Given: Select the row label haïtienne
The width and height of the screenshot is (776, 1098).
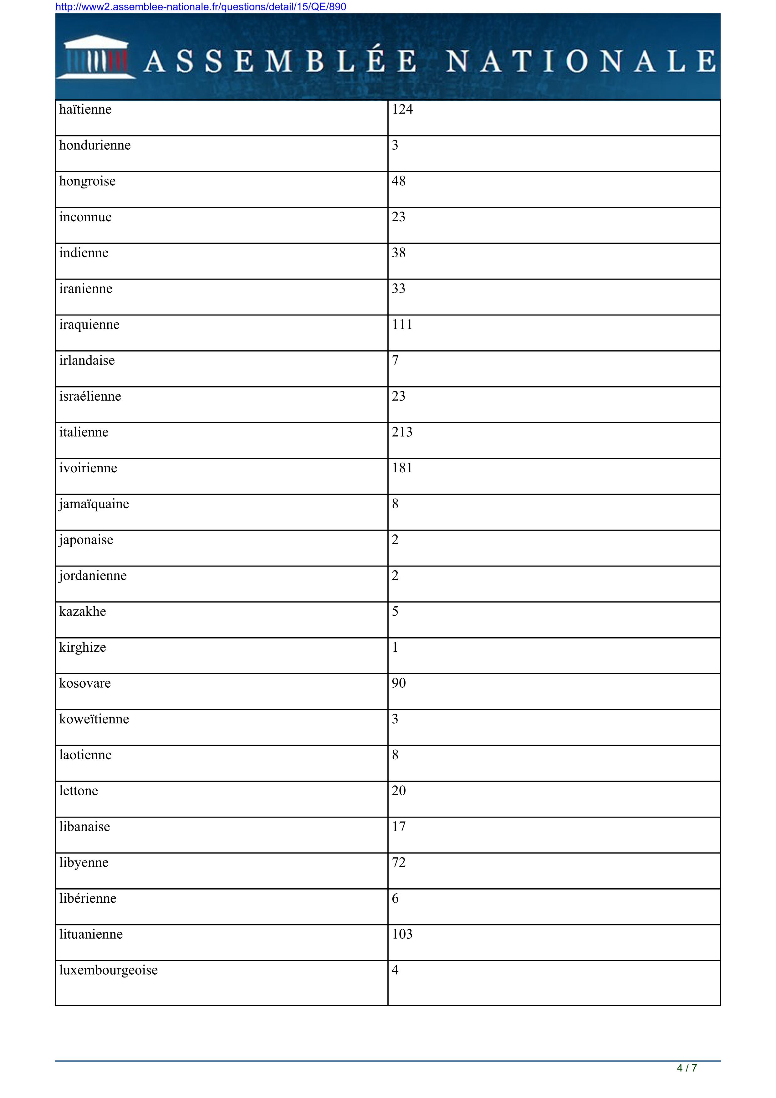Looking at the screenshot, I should click(85, 110).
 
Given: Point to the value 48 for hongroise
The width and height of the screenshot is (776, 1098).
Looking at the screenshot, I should click(398, 181).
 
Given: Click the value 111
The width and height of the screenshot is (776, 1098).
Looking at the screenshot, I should click(402, 325).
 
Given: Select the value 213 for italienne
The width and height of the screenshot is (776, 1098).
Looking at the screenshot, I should click(402, 432).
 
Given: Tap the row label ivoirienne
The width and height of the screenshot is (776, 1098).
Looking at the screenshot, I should click(88, 468).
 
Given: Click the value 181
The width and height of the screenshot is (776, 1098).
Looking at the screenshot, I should click(402, 468).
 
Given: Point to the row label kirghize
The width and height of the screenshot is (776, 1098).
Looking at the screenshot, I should click(82, 648).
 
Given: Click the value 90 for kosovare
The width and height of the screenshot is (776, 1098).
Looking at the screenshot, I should click(398, 683).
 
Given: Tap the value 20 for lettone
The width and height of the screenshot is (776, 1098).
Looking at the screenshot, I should click(398, 791).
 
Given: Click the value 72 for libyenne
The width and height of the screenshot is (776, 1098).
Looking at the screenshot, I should click(398, 863).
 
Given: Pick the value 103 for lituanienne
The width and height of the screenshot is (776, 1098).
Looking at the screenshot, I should click(402, 934).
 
